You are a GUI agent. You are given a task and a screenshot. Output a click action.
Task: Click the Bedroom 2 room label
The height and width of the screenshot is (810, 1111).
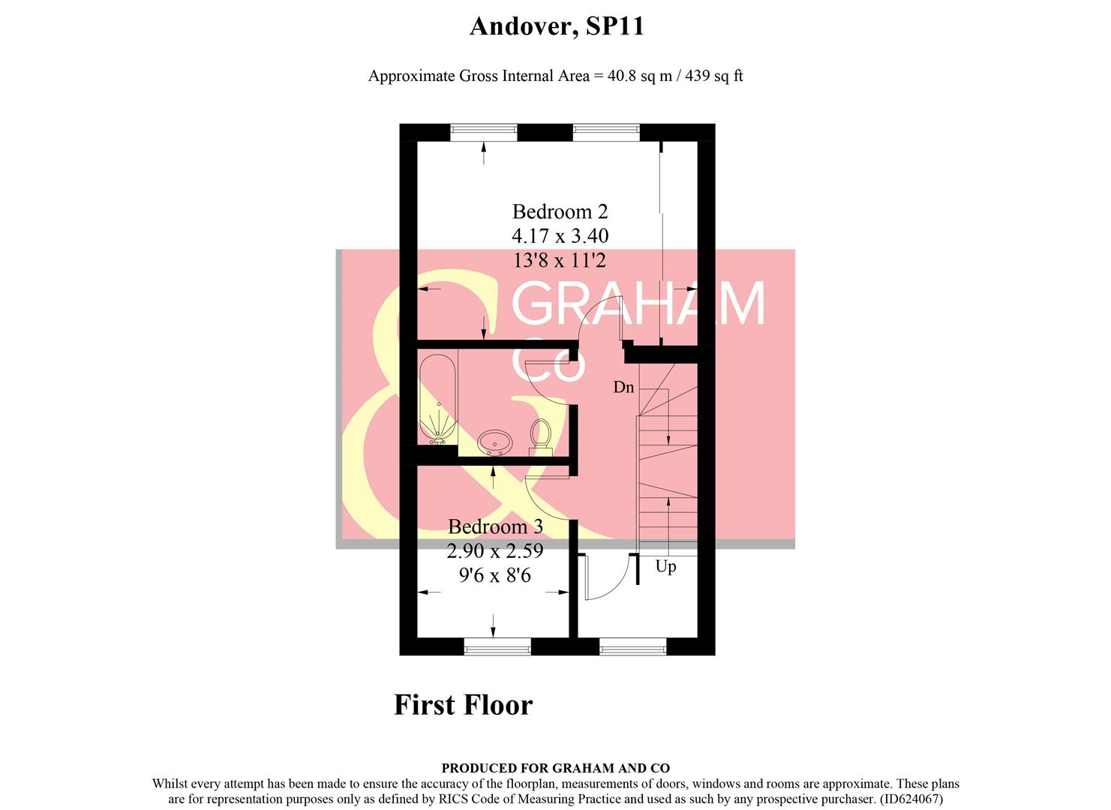coord(560,211)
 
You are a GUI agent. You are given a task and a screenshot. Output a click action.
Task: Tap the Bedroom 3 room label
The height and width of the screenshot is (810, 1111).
coord(495,526)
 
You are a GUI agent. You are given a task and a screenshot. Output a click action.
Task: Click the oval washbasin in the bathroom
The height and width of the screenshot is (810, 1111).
coord(495,442)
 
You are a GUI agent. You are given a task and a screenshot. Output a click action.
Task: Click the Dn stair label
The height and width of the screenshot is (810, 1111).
coord(623,388)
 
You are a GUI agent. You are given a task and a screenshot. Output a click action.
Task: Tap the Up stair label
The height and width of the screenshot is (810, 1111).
coord(665,567)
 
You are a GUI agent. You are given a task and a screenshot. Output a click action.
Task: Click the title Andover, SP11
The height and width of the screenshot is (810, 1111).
coord(557,26)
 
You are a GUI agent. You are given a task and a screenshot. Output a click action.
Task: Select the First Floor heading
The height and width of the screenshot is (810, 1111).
coord(464,705)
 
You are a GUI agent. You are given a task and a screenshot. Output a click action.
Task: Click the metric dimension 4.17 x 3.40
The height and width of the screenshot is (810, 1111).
coord(560,236)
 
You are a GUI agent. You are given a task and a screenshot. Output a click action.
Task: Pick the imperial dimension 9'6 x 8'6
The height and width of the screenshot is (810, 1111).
coord(495,575)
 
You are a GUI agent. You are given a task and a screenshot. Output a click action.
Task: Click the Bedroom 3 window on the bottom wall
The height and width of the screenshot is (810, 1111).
coord(497,646)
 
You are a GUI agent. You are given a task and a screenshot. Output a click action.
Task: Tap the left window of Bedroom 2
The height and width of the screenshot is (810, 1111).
coord(484,132)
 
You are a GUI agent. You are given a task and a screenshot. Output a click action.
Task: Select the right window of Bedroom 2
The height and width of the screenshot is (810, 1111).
coord(606,132)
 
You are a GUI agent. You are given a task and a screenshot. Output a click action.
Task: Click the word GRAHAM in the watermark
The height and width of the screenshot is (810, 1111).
coord(638,303)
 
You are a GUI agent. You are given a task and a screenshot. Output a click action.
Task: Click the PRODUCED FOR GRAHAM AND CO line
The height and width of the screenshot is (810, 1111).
coord(555,768)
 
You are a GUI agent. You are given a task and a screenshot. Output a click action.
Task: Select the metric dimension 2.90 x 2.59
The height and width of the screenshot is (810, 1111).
coord(495,551)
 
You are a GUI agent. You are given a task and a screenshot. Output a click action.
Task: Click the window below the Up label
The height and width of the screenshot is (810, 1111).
coord(633,646)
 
